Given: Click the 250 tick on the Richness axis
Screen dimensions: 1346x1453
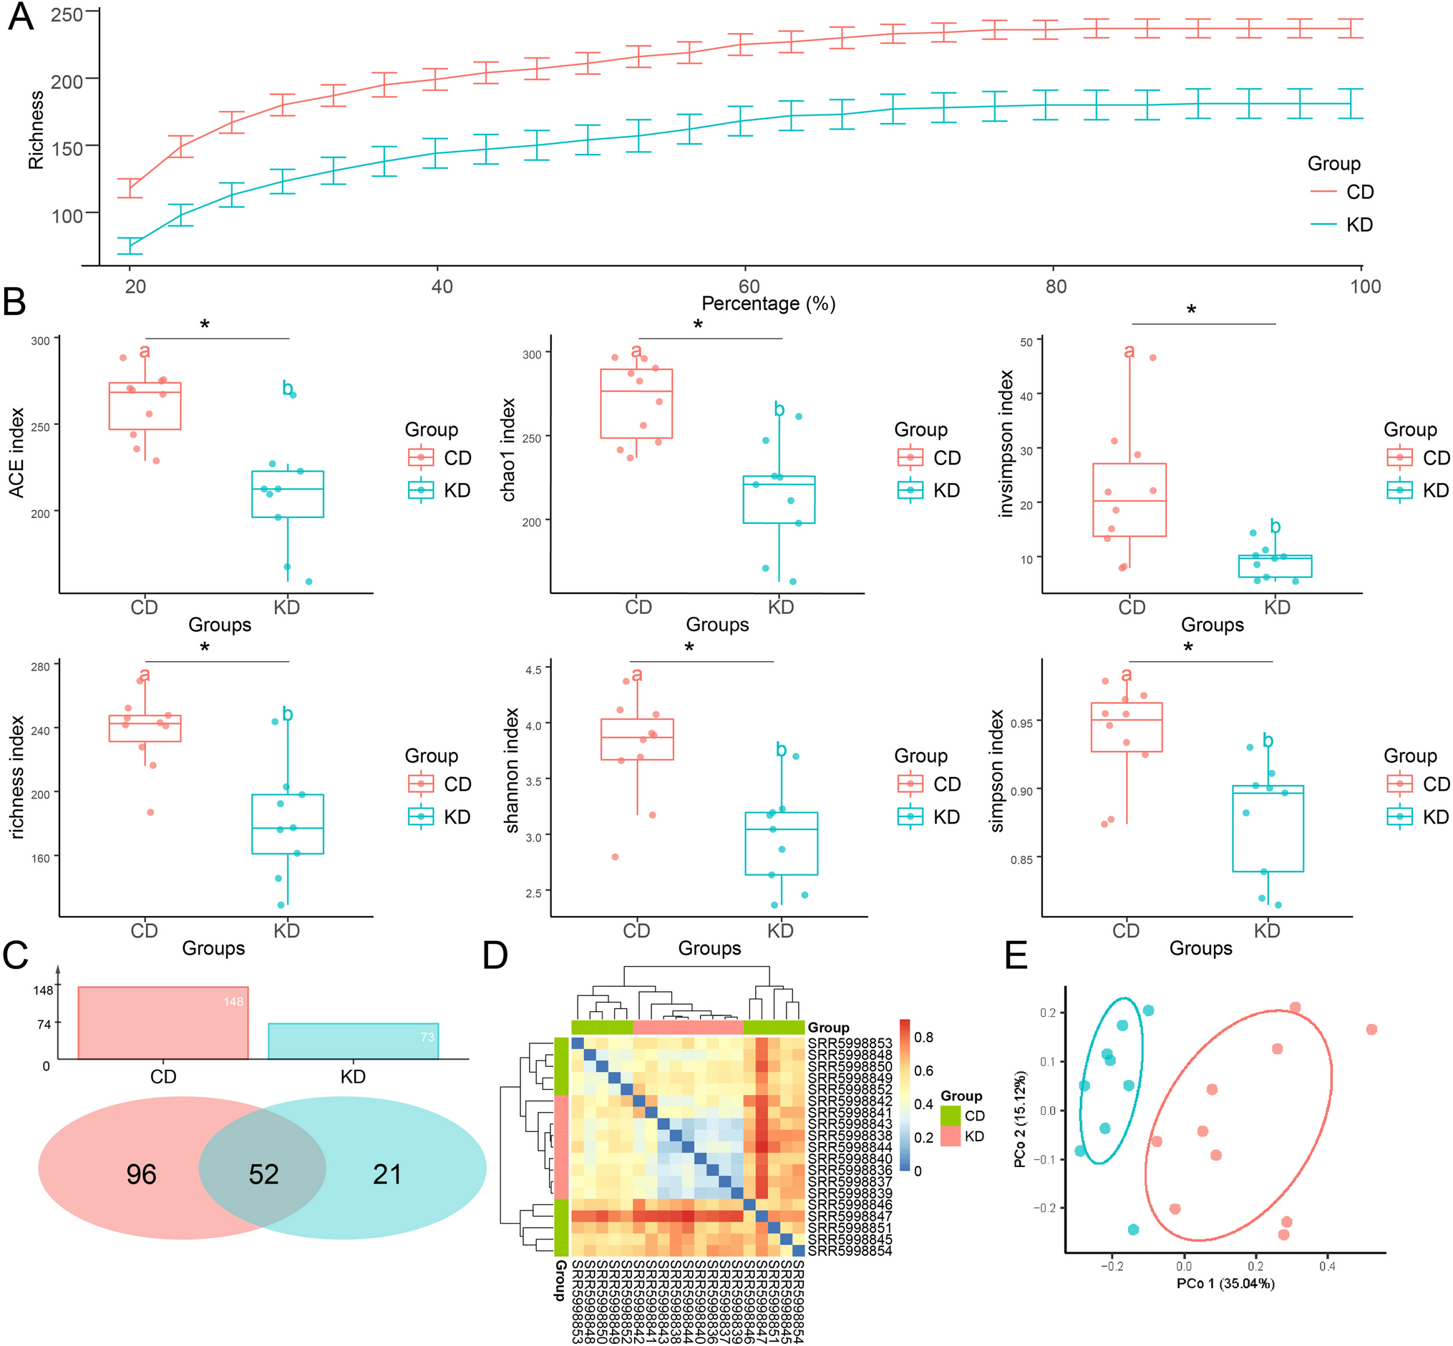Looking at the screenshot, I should pyautogui.click(x=67, y=14).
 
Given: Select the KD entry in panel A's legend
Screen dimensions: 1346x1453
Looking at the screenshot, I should pyautogui.click(x=1359, y=225).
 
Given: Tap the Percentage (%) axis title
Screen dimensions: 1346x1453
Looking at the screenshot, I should pyautogui.click(x=768, y=303).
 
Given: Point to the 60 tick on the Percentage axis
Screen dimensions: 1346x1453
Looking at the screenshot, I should pyautogui.click(x=749, y=286).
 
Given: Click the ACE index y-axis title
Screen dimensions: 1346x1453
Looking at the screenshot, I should pyautogui.click(x=16, y=452).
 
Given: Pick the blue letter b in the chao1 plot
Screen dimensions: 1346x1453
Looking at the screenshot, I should pyautogui.click(x=779, y=409).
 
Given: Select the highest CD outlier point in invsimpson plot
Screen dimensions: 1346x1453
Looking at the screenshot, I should pyautogui.click(x=1153, y=358).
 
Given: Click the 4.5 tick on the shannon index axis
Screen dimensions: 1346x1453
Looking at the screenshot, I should pyautogui.click(x=533, y=669).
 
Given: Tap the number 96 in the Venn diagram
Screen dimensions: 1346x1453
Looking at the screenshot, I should pyautogui.click(x=142, y=1174).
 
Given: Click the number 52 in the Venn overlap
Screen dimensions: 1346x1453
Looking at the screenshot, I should pyautogui.click(x=263, y=1174).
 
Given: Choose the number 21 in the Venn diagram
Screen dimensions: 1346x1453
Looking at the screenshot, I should pyautogui.click(x=387, y=1174).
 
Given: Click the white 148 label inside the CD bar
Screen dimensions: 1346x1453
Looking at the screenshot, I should pyautogui.click(x=233, y=1002).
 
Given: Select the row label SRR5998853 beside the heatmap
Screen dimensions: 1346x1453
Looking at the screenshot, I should pyautogui.click(x=850, y=1043).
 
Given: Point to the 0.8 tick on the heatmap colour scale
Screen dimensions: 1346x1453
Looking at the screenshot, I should pyautogui.click(x=923, y=1037).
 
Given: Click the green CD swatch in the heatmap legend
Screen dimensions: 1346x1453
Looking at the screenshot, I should pyautogui.click(x=951, y=1116).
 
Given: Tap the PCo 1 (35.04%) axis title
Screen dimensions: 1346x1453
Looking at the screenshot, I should pyautogui.click(x=1225, y=1304).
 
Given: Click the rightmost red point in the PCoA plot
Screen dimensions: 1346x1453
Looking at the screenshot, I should pyautogui.click(x=1371, y=1029).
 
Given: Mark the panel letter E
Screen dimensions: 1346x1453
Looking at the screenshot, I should pyautogui.click(x=1016, y=955).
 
